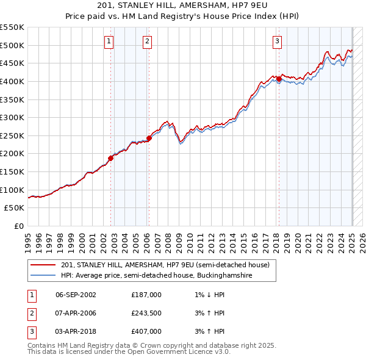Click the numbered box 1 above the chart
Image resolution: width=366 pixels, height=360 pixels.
tap(109, 41)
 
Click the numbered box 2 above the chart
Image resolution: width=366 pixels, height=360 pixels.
tap(148, 41)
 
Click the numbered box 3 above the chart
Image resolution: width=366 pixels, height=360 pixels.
tap(277, 41)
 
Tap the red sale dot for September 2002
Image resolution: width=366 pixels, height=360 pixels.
tap(111, 158)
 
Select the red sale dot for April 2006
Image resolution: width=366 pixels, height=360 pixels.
tap(149, 138)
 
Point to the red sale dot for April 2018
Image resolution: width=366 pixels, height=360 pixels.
tap(279, 79)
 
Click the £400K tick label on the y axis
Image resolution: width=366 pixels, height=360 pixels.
tap(12, 81)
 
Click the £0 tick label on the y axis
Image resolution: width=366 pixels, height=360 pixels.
tap(18, 226)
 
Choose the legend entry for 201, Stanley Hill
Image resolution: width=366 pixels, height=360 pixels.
tap(169, 265)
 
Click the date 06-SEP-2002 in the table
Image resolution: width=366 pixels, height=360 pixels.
tap(76, 295)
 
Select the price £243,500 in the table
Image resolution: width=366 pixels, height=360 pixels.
tap(146, 313)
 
